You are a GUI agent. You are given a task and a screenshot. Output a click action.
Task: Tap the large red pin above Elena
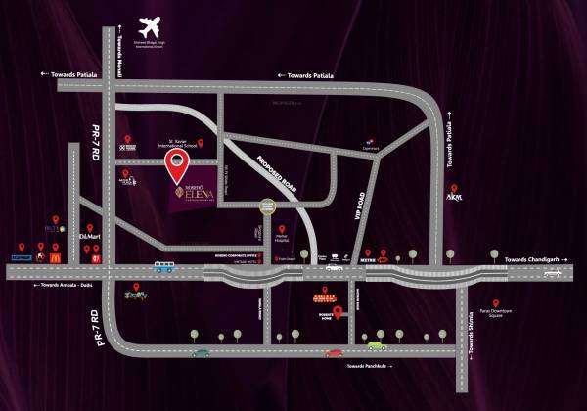point(176,166)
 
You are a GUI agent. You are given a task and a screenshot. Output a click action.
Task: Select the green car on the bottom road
point(377,344)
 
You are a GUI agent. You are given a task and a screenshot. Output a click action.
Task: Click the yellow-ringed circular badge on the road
point(267,207)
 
